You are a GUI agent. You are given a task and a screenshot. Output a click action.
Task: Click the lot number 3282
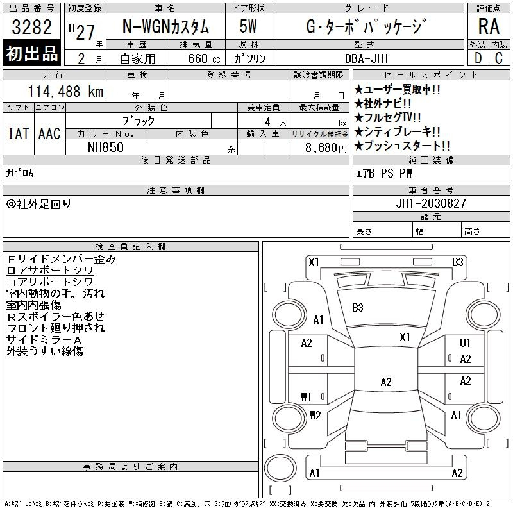point(31,27)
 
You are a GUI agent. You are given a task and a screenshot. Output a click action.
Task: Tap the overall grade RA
point(489,26)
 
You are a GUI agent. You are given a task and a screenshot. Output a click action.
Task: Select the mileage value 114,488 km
point(65,91)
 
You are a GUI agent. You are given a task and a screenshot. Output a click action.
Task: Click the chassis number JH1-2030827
point(430,203)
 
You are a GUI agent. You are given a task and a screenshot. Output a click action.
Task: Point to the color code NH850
point(106,147)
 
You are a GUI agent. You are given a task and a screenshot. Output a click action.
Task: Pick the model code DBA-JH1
point(367,58)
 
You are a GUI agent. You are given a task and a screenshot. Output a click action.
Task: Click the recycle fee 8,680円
point(326,148)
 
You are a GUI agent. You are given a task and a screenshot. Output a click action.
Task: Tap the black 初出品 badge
point(31,53)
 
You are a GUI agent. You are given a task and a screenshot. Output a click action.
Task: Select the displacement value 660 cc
point(204,58)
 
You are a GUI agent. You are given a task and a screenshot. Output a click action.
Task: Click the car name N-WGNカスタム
point(165,26)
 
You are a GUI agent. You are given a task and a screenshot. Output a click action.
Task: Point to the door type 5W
point(248,26)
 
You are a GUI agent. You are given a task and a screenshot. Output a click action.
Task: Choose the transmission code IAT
point(19,134)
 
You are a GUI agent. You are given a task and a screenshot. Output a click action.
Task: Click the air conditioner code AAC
point(49,134)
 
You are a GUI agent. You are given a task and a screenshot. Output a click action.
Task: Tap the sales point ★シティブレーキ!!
point(397,131)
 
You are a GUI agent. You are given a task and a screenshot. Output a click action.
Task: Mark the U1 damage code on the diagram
point(465,342)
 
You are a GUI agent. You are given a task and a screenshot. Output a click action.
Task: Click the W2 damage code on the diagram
point(315,416)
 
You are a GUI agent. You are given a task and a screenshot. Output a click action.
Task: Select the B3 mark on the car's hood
point(358,308)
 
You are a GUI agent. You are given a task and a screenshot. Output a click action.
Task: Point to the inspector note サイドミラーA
point(44,340)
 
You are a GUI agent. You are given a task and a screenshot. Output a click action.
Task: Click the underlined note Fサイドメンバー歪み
point(61,259)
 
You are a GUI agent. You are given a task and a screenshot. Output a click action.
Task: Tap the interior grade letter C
point(499,58)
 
